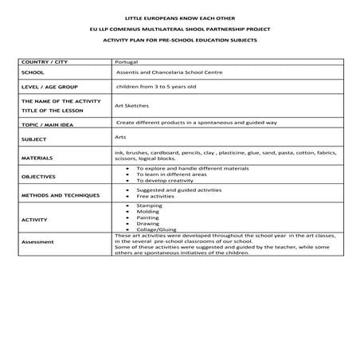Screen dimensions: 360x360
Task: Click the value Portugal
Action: (126, 61)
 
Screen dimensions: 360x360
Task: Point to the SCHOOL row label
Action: (33, 72)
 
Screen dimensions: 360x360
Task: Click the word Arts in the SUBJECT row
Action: (121, 137)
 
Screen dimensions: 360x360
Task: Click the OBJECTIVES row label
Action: (39, 176)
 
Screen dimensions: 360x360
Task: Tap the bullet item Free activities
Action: (155, 198)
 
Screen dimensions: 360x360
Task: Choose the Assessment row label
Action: (38, 241)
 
